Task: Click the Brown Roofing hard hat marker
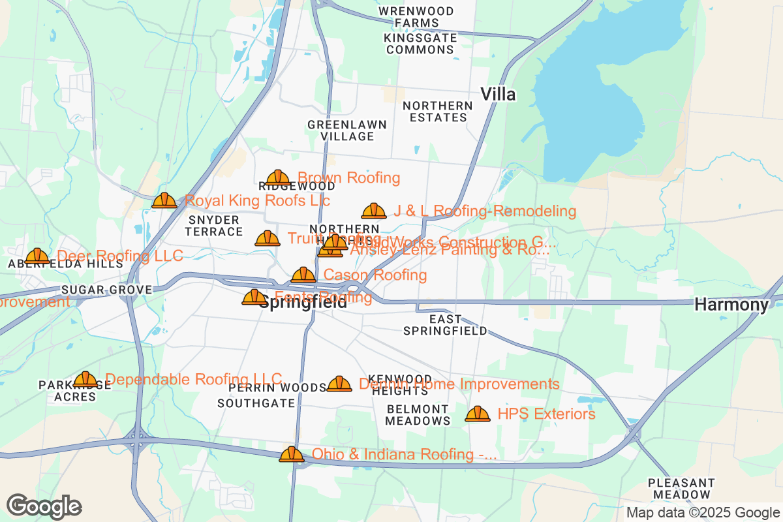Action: [278, 177]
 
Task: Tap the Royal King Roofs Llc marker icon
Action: [164, 200]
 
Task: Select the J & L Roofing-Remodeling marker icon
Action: [374, 211]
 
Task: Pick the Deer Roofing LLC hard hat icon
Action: [37, 256]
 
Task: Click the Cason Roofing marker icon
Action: [303, 275]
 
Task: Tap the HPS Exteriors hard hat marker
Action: [478, 414]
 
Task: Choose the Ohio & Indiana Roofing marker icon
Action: [292, 454]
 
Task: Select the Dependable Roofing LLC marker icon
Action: [85, 379]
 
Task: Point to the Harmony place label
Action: [731, 304]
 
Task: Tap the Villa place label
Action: [498, 95]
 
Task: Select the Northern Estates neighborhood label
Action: [437, 112]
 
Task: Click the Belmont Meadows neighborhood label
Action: [418, 415]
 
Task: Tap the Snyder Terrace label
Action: [214, 226]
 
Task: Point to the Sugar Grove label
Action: [107, 290]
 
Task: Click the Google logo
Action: [44, 506]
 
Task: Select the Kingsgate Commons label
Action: [420, 44]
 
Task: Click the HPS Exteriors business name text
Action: [546, 414]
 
